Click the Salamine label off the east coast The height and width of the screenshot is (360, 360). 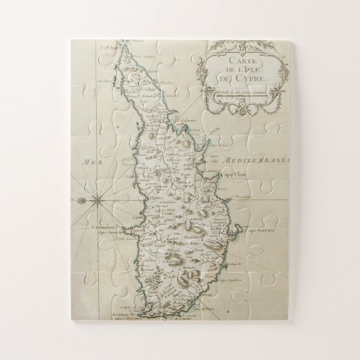click(187, 119)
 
